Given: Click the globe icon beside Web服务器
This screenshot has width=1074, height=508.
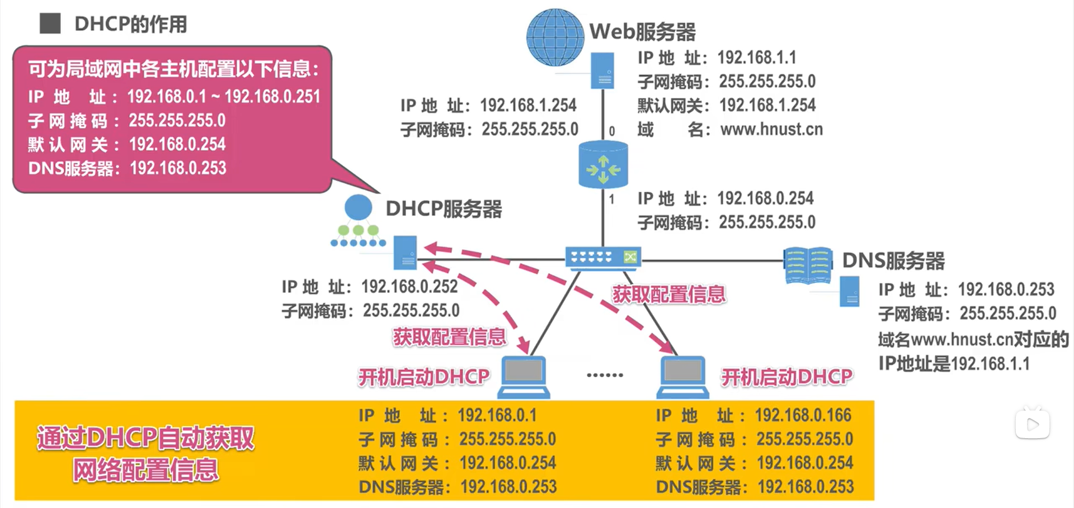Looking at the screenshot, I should (555, 37).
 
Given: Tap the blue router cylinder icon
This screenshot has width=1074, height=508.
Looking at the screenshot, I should (603, 164).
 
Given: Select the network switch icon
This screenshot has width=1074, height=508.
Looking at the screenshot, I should (603, 258).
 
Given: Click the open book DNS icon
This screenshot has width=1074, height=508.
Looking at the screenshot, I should (808, 265).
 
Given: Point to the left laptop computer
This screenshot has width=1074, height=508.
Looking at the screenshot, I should (524, 377).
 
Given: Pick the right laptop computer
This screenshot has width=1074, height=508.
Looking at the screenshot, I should (682, 377).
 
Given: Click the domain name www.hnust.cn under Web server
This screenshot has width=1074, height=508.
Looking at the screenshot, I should (771, 130).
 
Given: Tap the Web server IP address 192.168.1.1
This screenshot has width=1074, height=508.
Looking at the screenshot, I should (756, 58).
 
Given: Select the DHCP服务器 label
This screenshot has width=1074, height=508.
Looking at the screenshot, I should (444, 209).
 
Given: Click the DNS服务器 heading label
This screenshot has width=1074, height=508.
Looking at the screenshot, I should (893, 260).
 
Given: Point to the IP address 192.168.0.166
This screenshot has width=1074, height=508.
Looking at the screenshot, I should (803, 415).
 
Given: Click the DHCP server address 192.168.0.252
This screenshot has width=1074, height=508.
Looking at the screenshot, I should (409, 287).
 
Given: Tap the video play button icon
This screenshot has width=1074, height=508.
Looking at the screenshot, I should (1032, 424).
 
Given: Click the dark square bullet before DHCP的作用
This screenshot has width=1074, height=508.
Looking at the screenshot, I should (50, 23).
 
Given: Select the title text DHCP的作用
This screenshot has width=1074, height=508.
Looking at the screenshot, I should (131, 24).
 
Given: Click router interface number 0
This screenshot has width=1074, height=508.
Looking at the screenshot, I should (612, 131).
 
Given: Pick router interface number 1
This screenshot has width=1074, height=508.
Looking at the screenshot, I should (612, 199).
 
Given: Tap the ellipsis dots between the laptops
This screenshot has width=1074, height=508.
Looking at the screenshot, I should (605, 375).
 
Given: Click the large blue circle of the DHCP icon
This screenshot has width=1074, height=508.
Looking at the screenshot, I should (358, 207).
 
